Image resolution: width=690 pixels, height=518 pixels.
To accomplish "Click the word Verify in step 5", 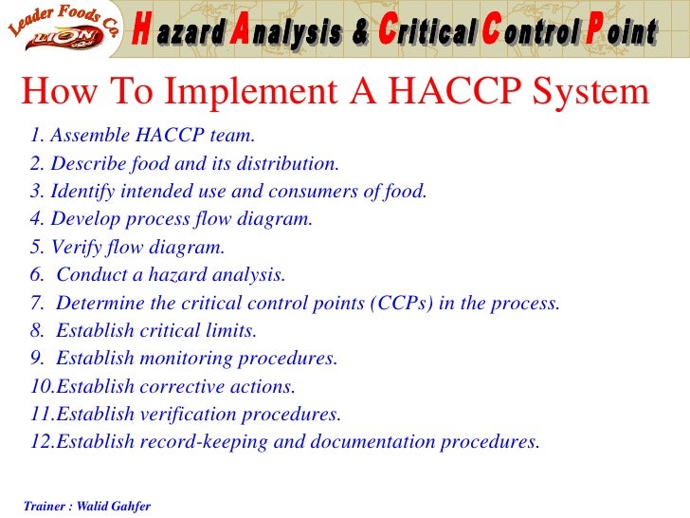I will [x=76, y=248].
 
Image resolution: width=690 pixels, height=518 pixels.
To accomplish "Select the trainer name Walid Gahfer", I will [x=113, y=506].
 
